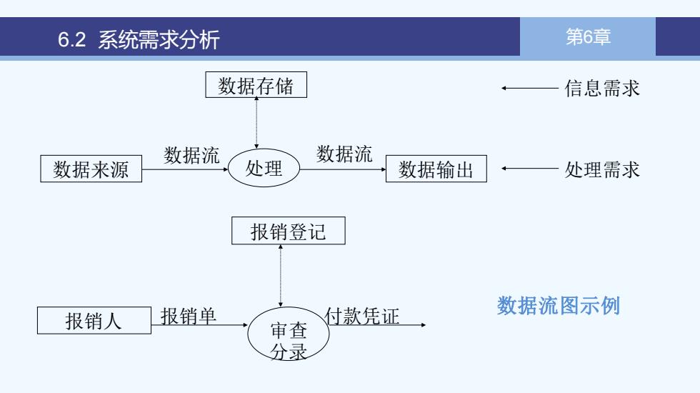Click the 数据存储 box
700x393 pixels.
256,84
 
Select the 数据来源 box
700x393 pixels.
91,169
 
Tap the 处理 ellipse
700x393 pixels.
264,168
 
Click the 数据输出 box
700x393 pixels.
436,169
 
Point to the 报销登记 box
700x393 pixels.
289,231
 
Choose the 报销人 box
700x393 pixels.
94,320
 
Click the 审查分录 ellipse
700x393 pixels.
289,334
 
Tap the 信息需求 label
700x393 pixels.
601,88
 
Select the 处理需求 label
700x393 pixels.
601,169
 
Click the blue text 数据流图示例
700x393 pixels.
559,306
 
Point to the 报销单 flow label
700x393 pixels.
189,316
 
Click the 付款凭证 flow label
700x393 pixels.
362,316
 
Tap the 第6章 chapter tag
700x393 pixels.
588,36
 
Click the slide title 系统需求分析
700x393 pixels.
159,39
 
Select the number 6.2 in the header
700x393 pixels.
71,39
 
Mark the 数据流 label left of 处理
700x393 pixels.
191,155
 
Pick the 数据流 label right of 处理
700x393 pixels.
344,154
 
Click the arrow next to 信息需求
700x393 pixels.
530,89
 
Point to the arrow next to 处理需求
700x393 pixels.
530,169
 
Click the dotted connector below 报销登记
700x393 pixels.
280,276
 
